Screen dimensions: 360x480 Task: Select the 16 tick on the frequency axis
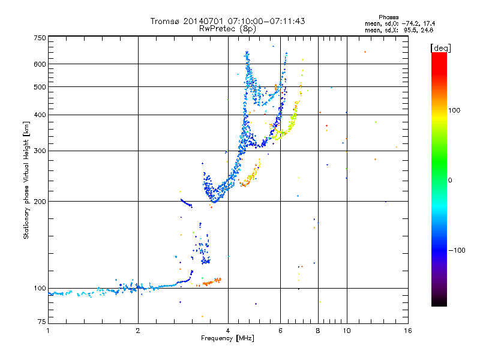point(407,331)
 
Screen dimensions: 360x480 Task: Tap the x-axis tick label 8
point(318,331)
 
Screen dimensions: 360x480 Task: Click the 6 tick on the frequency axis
point(280,331)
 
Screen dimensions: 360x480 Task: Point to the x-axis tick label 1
point(49,331)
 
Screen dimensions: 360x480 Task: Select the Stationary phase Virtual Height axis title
point(26,179)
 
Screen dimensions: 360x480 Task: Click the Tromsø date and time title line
point(227,21)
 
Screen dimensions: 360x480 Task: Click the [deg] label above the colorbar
point(440,47)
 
